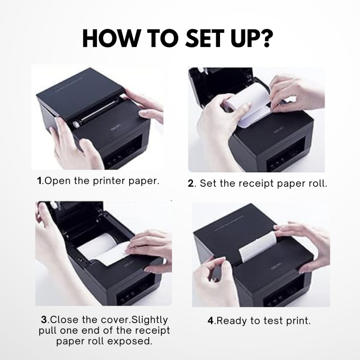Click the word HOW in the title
point(107,39)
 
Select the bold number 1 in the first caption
point(39,181)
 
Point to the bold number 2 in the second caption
point(191,184)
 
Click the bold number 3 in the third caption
point(44,320)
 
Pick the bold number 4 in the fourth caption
point(211,321)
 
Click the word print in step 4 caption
point(298,321)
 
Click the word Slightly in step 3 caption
point(150,320)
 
